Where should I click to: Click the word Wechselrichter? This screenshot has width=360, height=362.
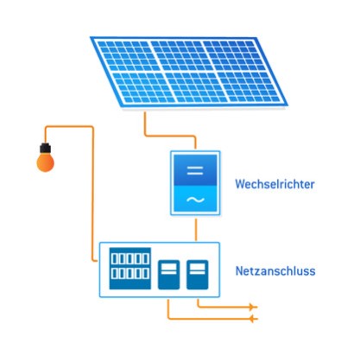(275, 184)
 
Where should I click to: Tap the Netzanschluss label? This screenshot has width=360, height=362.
(275, 271)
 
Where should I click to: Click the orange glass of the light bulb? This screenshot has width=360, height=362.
(46, 162)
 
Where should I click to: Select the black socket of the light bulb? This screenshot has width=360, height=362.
(46, 148)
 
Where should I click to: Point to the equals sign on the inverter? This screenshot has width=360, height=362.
(195, 170)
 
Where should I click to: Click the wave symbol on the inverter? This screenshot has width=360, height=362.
(195, 200)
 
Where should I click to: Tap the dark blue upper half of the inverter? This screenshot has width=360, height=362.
(195, 170)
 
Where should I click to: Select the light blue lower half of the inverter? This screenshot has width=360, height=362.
(195, 199)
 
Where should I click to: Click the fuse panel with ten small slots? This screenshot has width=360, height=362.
(130, 269)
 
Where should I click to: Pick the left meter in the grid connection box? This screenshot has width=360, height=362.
(168, 275)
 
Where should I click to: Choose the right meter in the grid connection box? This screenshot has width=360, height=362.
(197, 275)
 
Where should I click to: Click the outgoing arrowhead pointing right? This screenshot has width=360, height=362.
(254, 308)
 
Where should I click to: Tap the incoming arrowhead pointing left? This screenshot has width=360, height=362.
(253, 319)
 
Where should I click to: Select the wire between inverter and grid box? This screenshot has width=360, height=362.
(196, 230)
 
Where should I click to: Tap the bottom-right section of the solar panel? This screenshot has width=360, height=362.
(249, 87)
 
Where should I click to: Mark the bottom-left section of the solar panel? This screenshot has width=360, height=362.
(143, 87)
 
